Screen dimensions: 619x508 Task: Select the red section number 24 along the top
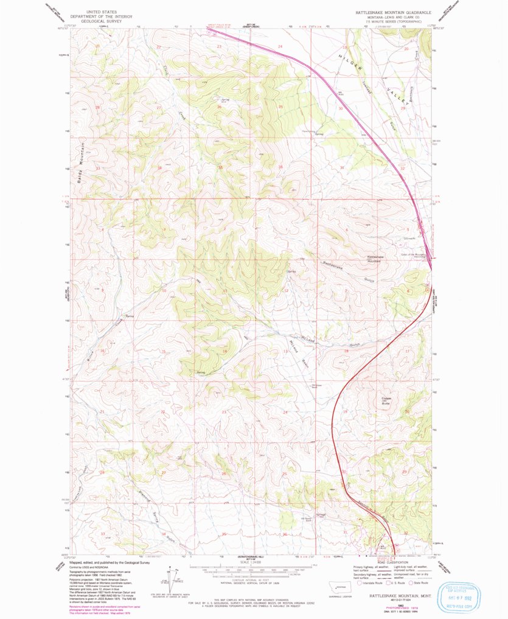(x=280, y=47)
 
